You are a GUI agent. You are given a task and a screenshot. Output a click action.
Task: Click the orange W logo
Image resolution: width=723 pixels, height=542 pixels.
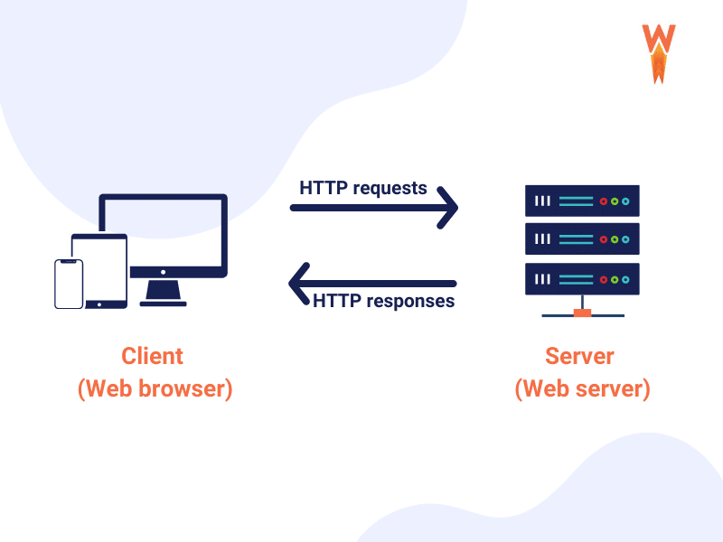click(x=659, y=52)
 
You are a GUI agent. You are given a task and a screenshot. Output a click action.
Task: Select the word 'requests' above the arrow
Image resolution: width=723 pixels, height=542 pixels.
click(x=390, y=189)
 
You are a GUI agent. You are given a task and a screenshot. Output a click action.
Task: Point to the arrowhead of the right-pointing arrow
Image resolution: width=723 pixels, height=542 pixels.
click(x=449, y=208)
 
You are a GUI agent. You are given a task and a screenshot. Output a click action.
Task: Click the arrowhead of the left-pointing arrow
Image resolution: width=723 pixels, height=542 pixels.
click(x=298, y=283)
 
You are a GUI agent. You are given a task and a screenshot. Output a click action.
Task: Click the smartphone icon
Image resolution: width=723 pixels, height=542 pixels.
click(x=69, y=284)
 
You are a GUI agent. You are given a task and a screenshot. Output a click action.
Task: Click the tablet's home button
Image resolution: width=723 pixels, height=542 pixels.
click(x=99, y=302)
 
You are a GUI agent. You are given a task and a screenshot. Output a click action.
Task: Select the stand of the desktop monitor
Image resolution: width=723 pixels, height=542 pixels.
click(x=164, y=293)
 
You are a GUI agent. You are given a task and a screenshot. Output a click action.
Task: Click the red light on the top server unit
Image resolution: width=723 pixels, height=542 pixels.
click(x=605, y=201)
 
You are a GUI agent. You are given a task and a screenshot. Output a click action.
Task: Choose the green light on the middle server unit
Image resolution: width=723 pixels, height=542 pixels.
click(x=615, y=239)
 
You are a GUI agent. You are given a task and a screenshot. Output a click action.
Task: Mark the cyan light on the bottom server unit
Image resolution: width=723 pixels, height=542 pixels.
click(x=624, y=278)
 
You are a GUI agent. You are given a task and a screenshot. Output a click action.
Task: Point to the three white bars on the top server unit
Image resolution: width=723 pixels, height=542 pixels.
click(x=541, y=201)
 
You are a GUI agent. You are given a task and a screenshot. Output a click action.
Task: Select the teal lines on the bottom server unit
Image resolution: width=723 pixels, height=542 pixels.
click(x=576, y=278)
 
